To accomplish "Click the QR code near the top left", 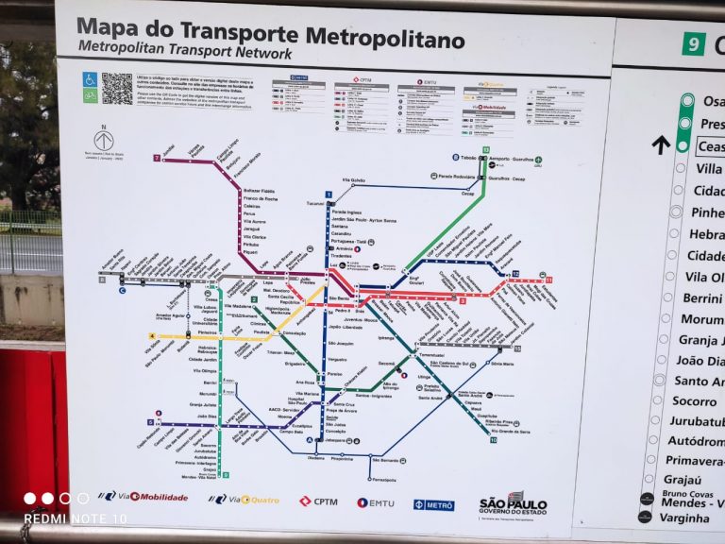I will coord(117,88).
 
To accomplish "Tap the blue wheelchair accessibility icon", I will coord(90,80).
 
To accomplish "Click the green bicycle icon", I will coord(90,95).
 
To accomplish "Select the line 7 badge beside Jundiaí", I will coord(157,158).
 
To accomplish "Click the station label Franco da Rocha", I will coord(261,198).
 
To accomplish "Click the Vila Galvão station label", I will coord(352,179).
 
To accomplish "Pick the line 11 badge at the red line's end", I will coord(548,280).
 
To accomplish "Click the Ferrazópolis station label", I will coord(384,479).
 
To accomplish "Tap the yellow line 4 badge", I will coord(152,335).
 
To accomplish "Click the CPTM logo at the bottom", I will coord(318,501).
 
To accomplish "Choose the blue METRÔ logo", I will coord(433,504).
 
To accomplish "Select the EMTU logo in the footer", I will coord(375,502).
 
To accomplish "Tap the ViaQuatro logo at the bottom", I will coord(244,499).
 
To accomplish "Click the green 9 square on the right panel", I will coord(694,43).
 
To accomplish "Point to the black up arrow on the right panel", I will coord(661,144).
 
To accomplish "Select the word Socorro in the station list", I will coord(694,400).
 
